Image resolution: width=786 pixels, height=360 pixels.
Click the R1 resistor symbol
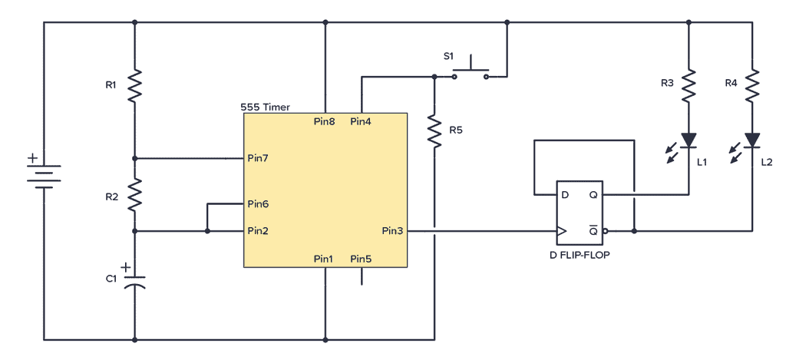(x=134, y=85)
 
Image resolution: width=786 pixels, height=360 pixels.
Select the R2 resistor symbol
(x=134, y=195)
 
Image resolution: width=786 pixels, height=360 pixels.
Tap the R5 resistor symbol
(x=434, y=130)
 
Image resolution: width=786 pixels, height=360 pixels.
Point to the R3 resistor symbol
(x=689, y=84)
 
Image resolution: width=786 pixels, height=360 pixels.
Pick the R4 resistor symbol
(x=752, y=84)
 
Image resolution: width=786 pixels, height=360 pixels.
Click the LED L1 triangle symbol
(x=689, y=140)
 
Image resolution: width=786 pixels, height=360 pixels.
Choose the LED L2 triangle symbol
(x=752, y=140)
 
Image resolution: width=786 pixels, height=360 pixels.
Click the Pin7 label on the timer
(x=258, y=158)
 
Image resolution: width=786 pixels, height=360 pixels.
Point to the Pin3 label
(x=393, y=230)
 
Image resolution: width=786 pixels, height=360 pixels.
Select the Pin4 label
(x=361, y=121)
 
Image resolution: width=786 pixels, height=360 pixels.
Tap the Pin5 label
(x=361, y=259)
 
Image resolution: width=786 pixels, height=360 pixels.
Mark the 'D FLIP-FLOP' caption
(x=580, y=254)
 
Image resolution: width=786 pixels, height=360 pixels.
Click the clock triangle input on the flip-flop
(x=562, y=230)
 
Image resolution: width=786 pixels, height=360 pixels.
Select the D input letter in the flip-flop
(x=566, y=195)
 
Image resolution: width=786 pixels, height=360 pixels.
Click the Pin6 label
(x=258, y=204)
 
